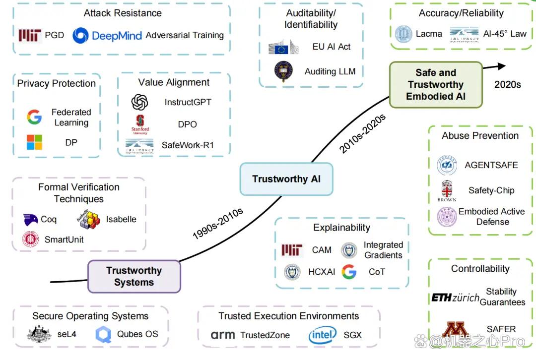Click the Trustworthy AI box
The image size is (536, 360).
coord(286,179)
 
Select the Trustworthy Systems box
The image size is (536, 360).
coord(134,276)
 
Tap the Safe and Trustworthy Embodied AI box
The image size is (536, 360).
coord(436,85)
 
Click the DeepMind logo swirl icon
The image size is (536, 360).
coord(81,36)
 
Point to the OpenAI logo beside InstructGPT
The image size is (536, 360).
coord(139,102)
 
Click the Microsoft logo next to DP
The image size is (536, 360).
coord(35,142)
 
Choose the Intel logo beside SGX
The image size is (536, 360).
coord(323,335)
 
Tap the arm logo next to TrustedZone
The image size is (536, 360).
coord(222,335)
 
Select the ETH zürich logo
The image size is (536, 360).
coord(455,298)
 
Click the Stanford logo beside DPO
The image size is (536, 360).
coord(140,124)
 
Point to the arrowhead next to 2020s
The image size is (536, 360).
coord(501,66)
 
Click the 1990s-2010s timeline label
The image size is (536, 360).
coord(218,223)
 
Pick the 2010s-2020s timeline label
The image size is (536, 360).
coord(362,133)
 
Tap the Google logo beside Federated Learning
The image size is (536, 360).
coord(35,117)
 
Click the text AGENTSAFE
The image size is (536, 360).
coord(491,165)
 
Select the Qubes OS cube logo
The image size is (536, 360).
coord(103,334)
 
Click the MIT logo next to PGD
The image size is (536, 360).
coord(30,35)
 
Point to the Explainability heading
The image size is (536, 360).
coord(342,228)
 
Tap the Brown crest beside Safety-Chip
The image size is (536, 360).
coord(447,190)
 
